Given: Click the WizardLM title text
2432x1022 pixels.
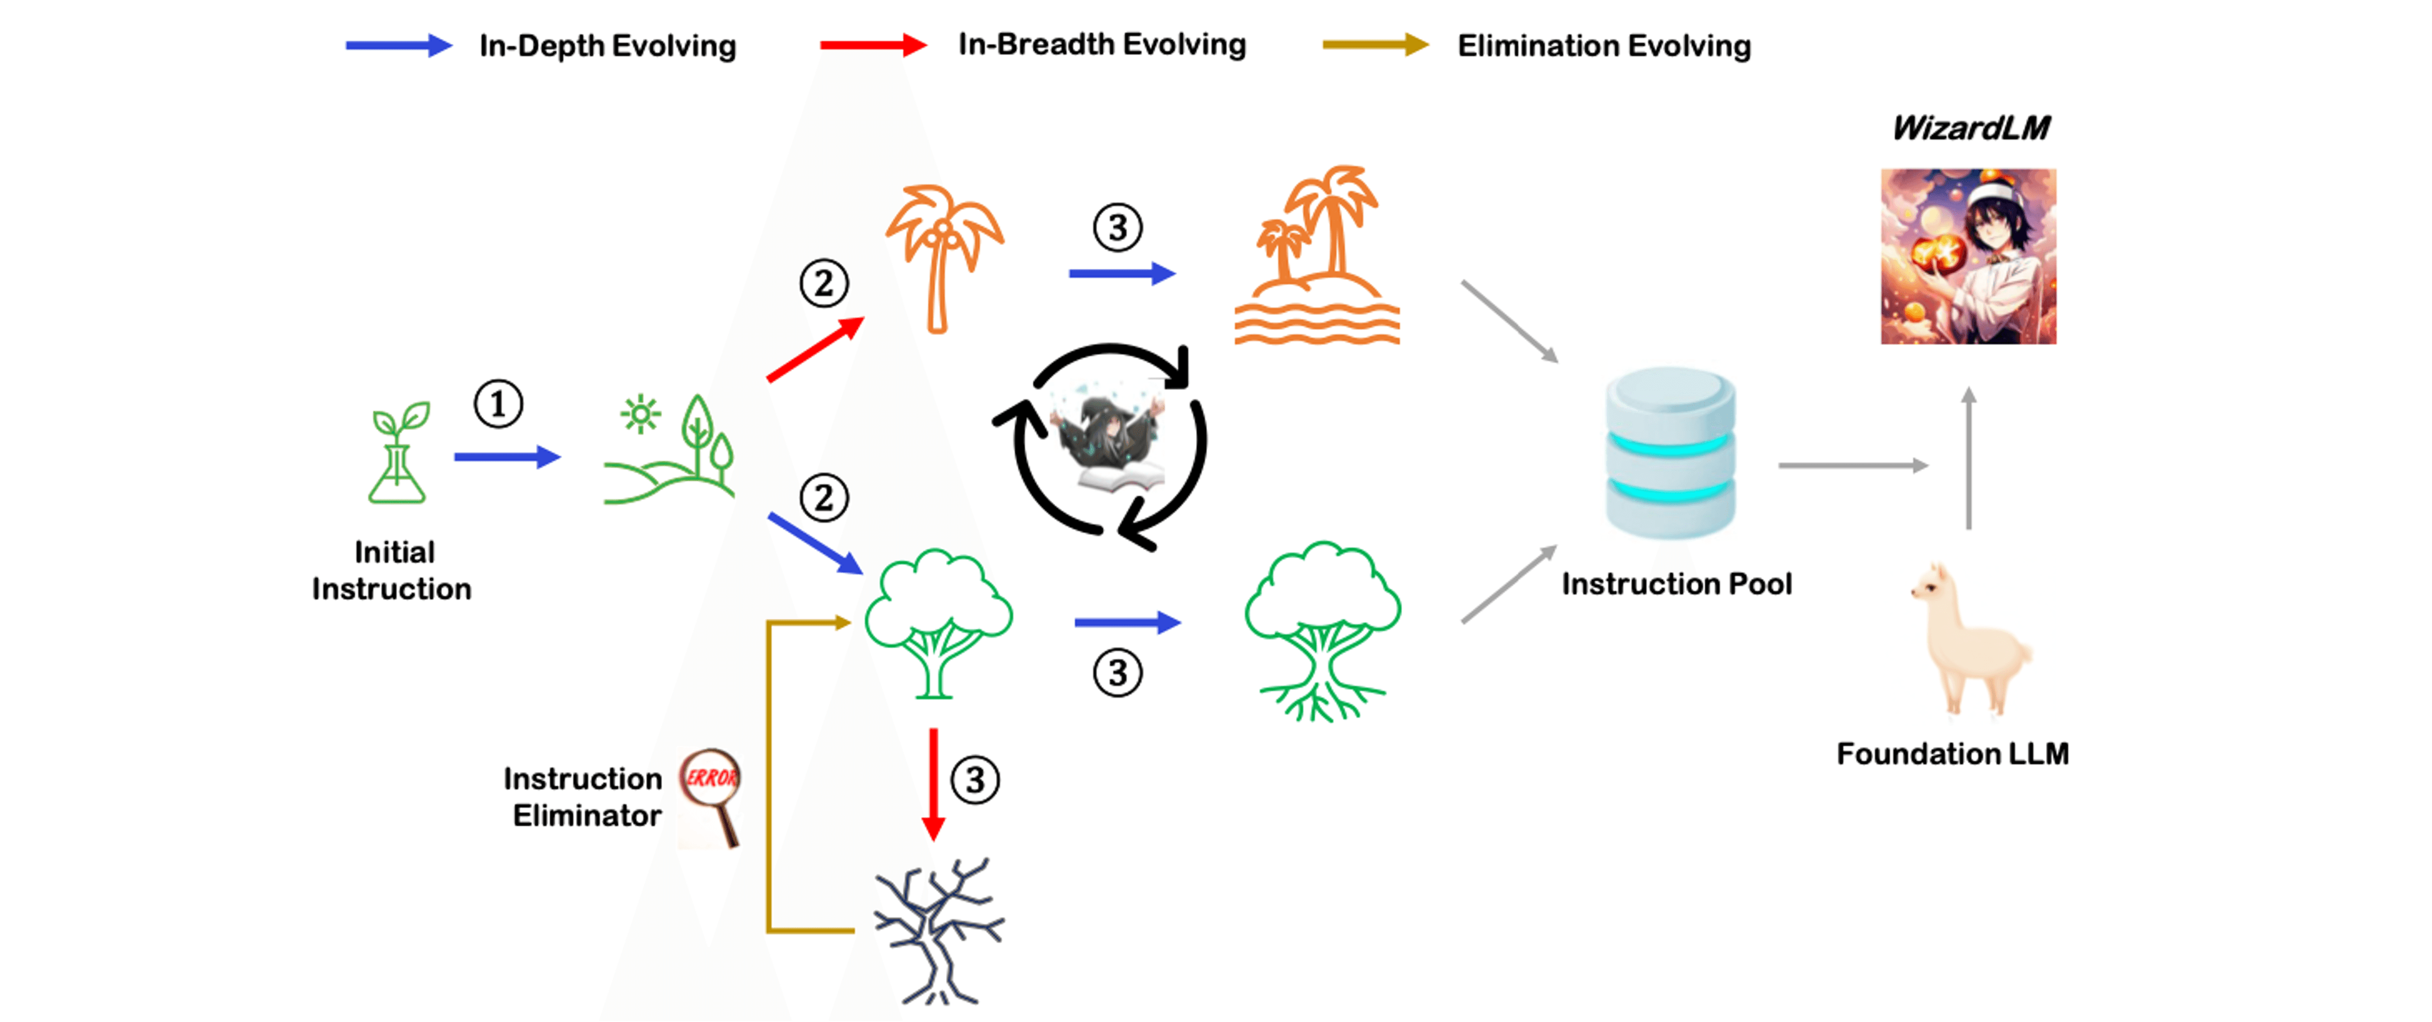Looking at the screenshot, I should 1970,128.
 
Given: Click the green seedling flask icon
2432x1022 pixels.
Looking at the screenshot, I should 398,453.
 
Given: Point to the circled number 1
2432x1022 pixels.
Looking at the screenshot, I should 498,404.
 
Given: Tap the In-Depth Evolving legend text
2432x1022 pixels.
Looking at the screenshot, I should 607,45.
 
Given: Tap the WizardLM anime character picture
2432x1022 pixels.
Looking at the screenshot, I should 1969,257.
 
